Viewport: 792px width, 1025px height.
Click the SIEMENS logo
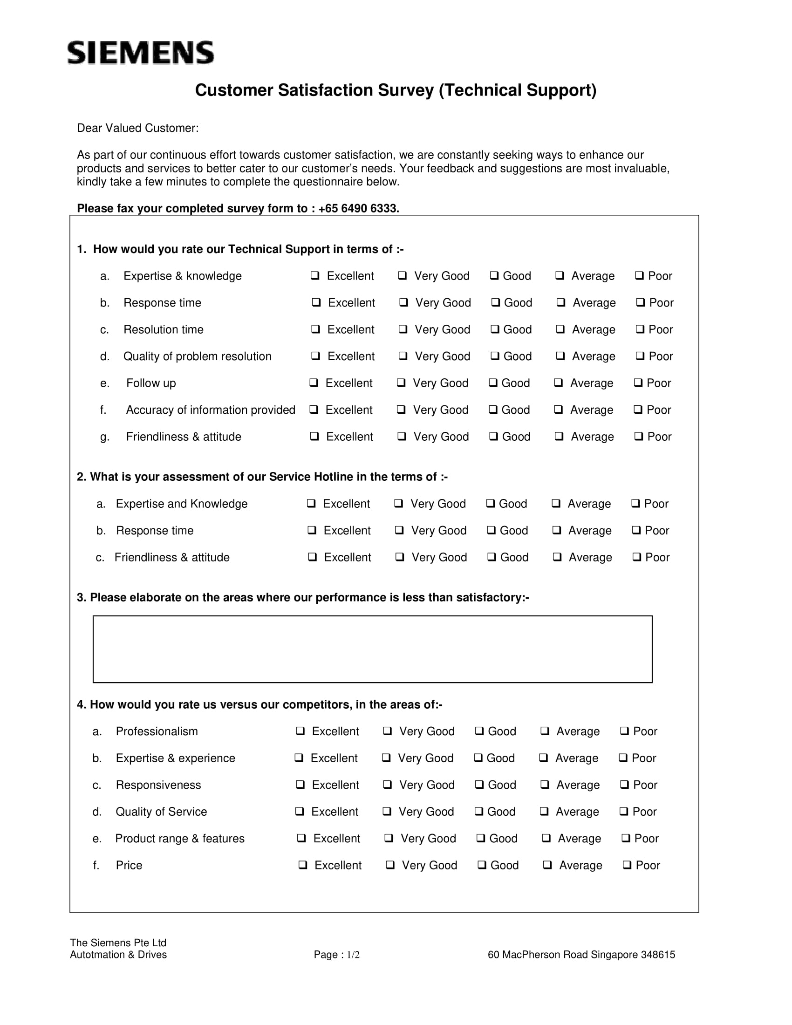141,53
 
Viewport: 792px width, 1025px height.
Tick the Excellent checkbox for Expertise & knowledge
315,275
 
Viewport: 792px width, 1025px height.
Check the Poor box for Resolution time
640,329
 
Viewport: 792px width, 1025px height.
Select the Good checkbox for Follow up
492,383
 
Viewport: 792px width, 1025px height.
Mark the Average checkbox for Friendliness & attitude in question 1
559,436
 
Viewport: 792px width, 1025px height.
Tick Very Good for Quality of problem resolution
403,356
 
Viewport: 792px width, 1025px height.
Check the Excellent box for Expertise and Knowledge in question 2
311,503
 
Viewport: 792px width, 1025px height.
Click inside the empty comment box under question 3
372,649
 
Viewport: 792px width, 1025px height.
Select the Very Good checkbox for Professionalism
388,731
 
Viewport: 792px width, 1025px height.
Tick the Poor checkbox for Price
627,864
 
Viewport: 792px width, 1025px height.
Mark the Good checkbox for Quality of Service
478,811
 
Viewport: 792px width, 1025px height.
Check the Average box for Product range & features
546,838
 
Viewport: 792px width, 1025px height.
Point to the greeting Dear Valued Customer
137,128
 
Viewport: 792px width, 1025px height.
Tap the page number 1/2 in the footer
353,955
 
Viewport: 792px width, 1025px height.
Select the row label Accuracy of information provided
210,410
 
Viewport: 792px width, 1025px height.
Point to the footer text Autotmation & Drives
118,955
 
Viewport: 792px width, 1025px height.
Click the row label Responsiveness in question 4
158,785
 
